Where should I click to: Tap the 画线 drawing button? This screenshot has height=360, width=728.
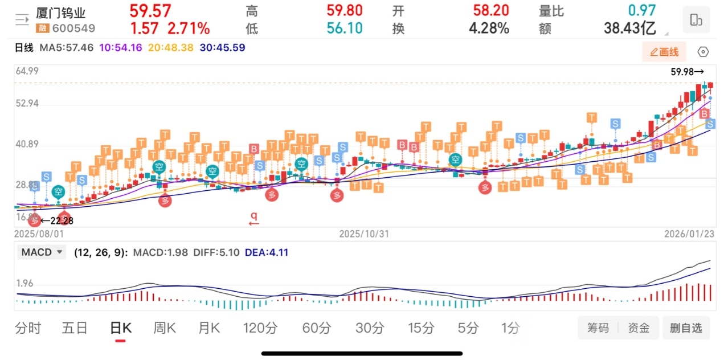point(664,52)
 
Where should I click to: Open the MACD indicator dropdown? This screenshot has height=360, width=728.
point(42,252)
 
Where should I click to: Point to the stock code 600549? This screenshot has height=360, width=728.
point(73,28)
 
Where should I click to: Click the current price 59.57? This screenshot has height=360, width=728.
point(150,11)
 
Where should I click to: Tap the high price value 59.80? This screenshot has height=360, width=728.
point(345,11)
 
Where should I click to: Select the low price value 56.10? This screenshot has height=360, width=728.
point(345,28)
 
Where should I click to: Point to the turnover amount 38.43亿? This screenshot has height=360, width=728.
point(630,28)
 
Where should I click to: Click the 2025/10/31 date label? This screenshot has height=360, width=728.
point(364,234)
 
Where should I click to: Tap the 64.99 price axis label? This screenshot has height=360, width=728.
point(27,71)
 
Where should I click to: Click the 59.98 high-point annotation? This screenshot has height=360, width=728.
point(687,72)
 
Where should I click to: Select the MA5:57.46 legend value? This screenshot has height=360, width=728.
point(67,48)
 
